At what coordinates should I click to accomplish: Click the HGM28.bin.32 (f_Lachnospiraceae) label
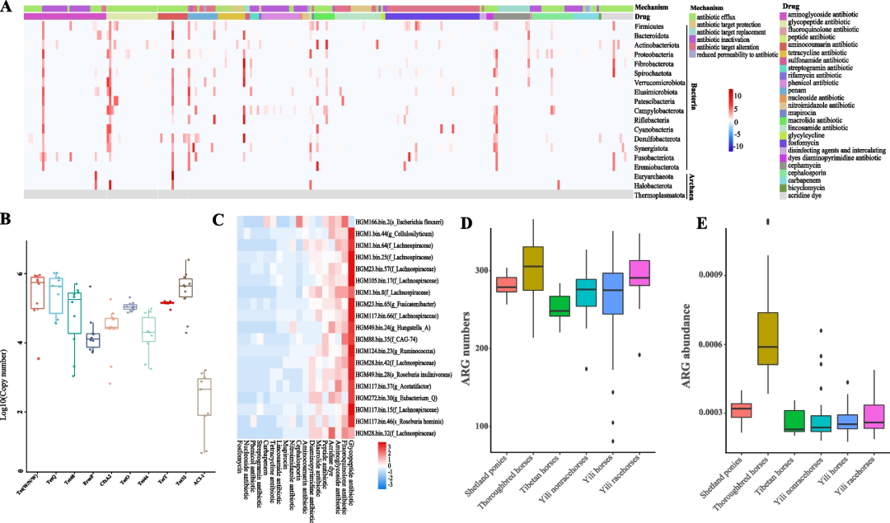[395, 432]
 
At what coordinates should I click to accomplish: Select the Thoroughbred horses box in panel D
[533, 267]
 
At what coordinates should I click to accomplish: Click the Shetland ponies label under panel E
[724, 479]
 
